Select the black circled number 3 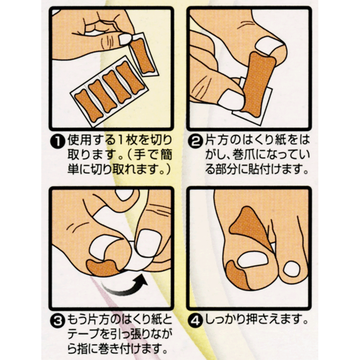click(58, 321)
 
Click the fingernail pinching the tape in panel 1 click(125, 39)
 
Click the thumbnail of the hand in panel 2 click(230, 100)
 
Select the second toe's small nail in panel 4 click(291, 269)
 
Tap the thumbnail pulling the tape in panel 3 click(147, 244)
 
